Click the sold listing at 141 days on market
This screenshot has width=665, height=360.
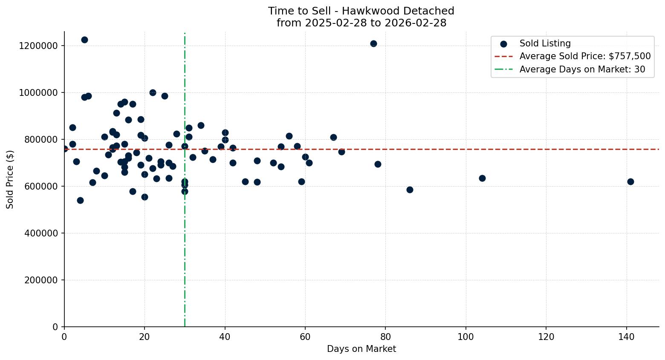pyautogui.click(x=630, y=181)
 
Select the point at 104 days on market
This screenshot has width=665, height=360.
pyautogui.click(x=482, y=178)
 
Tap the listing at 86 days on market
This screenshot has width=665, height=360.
pyautogui.click(x=410, y=190)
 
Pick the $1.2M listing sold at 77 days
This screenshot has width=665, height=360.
pyautogui.click(x=373, y=43)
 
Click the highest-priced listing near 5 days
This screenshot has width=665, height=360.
pyautogui.click(x=84, y=40)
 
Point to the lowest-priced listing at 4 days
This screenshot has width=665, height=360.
pyautogui.click(x=80, y=200)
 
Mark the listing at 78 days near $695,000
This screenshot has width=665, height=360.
pyautogui.click(x=378, y=164)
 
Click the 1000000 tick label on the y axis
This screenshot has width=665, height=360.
pyautogui.click(x=38, y=93)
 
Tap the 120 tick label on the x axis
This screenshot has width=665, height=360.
pyautogui.click(x=546, y=337)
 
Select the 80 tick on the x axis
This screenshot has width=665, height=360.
pyautogui.click(x=385, y=337)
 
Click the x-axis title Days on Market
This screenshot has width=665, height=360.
pyautogui.click(x=361, y=349)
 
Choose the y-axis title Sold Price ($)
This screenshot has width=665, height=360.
pyautogui.click(x=10, y=179)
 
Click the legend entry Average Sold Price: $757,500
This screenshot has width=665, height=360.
pyautogui.click(x=585, y=56)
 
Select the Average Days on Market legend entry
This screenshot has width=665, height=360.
pyautogui.click(x=582, y=69)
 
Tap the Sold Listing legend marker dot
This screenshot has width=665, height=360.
pyautogui.click(x=504, y=43)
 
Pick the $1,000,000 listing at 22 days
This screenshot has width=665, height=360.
pyautogui.click(x=153, y=92)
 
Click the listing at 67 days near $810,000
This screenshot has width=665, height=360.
pyautogui.click(x=333, y=137)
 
